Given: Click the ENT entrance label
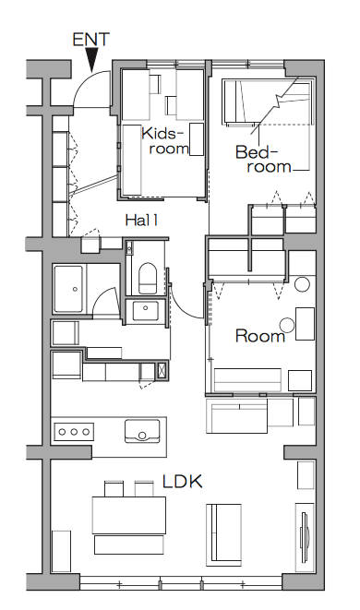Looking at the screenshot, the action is click(x=91, y=40).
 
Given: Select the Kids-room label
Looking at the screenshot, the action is click(x=164, y=141).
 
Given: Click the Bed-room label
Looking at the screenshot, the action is click(x=263, y=159).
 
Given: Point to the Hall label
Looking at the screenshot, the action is click(x=141, y=221).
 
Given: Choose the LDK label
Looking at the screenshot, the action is click(x=183, y=482).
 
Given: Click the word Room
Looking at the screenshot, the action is click(x=260, y=336).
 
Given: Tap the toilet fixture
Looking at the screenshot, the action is click(x=148, y=278).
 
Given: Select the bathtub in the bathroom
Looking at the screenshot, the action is click(x=68, y=289).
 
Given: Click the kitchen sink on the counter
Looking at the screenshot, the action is click(x=142, y=431).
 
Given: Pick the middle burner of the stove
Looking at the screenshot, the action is click(x=74, y=432).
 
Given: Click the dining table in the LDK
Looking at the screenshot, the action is click(x=129, y=515).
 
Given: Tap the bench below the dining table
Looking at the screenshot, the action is click(x=129, y=544).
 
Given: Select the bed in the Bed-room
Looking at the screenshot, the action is click(x=268, y=102).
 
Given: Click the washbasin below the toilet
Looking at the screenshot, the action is click(x=146, y=310).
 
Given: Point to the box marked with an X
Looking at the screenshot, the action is click(x=162, y=371).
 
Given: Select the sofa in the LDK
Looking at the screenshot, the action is click(x=223, y=534).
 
